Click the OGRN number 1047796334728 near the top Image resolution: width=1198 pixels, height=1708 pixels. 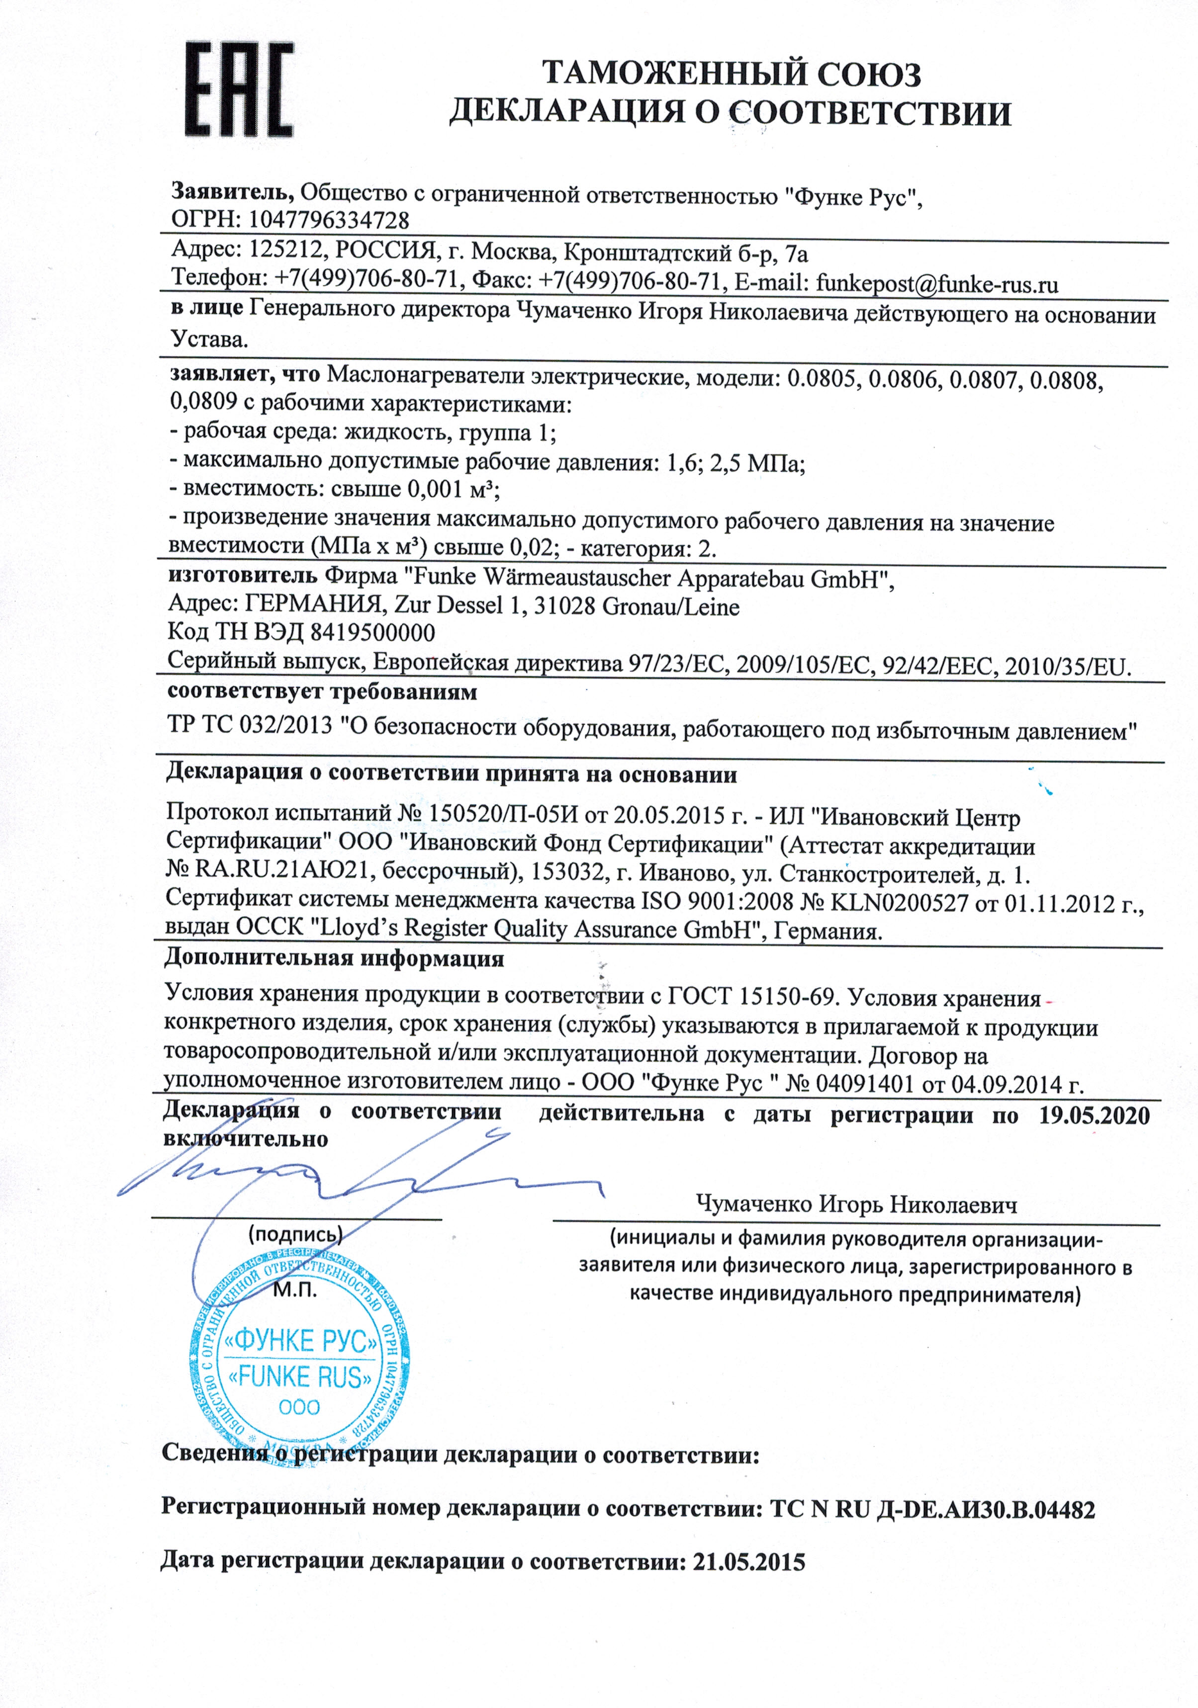[328, 220]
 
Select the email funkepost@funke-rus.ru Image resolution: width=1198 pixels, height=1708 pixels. [937, 283]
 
